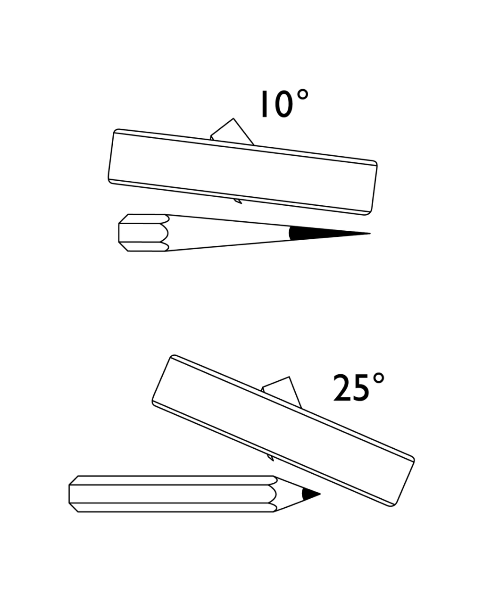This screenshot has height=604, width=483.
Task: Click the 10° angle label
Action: [283, 104]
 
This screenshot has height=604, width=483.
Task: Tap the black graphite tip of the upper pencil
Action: [311, 233]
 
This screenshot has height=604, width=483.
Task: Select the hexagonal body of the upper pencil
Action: [142, 233]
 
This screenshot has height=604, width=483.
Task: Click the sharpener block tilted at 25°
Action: [283, 430]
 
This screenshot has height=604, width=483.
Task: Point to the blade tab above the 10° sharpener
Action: [232, 131]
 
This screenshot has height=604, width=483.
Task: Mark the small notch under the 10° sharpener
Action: [239, 201]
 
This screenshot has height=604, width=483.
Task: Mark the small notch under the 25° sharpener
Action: [270, 457]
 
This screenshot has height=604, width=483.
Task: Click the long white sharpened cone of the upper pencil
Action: [226, 233]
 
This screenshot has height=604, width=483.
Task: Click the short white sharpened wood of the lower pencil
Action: [289, 494]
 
